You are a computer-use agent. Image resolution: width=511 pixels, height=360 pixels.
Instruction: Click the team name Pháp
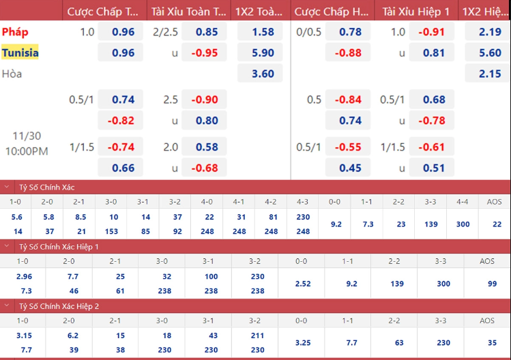[x=15, y=32]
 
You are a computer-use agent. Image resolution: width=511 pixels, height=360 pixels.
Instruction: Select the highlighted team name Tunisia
[x=20, y=52]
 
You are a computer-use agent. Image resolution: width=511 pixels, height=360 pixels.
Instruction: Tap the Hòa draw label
[x=12, y=74]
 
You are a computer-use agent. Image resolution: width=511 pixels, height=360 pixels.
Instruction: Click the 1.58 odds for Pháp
[x=263, y=32]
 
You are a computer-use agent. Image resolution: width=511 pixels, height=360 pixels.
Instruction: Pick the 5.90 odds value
[x=263, y=52]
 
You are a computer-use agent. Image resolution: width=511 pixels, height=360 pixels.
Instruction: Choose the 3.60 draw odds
[x=263, y=74]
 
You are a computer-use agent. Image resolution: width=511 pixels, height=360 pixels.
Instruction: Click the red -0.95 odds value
[x=205, y=52]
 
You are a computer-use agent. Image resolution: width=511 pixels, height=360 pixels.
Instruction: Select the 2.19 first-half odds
[x=490, y=32]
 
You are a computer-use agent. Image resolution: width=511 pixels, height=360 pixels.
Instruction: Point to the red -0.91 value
[x=431, y=32]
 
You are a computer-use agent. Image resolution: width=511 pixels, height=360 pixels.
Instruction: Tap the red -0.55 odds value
[x=348, y=147]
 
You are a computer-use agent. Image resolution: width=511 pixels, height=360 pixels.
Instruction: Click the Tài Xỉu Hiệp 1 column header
[x=416, y=12]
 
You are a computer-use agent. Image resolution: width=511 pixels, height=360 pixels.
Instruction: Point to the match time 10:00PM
[x=27, y=151]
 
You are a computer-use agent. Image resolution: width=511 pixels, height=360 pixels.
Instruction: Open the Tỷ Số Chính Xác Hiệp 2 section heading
[x=59, y=306]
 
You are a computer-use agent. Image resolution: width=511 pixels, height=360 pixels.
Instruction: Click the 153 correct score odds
[x=111, y=231]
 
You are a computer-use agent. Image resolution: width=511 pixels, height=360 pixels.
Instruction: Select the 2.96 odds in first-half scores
[x=24, y=277]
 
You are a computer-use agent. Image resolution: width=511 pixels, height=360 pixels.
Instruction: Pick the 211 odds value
[x=257, y=335]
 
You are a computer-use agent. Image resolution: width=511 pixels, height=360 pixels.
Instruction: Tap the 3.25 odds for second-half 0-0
[x=303, y=343]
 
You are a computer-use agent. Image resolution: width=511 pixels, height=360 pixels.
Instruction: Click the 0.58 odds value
[x=207, y=147]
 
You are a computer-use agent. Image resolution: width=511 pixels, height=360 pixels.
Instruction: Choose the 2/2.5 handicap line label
[x=165, y=32]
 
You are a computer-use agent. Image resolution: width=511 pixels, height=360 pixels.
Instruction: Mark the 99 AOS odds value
[x=492, y=284]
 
